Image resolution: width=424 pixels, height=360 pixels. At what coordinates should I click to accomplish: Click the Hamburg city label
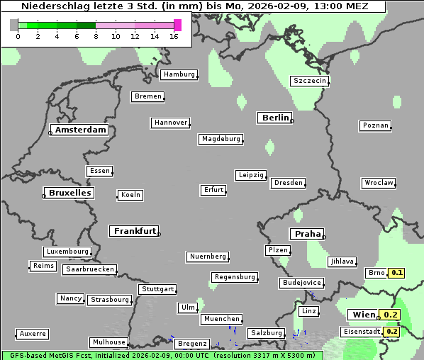[179, 74]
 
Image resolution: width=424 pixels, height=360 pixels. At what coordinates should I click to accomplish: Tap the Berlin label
[275, 118]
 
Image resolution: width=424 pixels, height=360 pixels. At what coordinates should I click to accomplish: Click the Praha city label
[308, 234]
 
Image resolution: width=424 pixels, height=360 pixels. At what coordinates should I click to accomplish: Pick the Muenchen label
[222, 320]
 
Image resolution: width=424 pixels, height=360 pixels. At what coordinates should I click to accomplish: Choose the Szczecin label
[310, 81]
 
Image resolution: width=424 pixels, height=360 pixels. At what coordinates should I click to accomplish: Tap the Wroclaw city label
[379, 183]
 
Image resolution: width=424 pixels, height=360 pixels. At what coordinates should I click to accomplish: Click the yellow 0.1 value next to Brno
[397, 273]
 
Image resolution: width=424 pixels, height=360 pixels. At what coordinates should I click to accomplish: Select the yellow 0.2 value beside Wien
[391, 315]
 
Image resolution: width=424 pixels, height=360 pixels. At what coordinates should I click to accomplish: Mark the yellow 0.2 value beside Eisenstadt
[392, 332]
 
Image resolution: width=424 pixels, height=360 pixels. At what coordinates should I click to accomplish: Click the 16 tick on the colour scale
[174, 36]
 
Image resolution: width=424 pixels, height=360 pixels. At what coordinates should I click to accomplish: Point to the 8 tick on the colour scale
[96, 36]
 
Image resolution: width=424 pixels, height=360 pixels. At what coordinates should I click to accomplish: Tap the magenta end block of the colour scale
[177, 25]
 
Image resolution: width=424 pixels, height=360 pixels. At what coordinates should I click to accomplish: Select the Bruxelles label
[69, 193]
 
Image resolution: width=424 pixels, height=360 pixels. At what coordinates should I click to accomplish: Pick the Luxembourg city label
[67, 252]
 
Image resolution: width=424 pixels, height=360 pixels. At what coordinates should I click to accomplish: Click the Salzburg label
[266, 333]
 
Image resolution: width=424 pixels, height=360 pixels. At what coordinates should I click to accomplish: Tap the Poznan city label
[375, 125]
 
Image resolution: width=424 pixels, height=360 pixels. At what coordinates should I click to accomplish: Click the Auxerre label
[33, 334]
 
